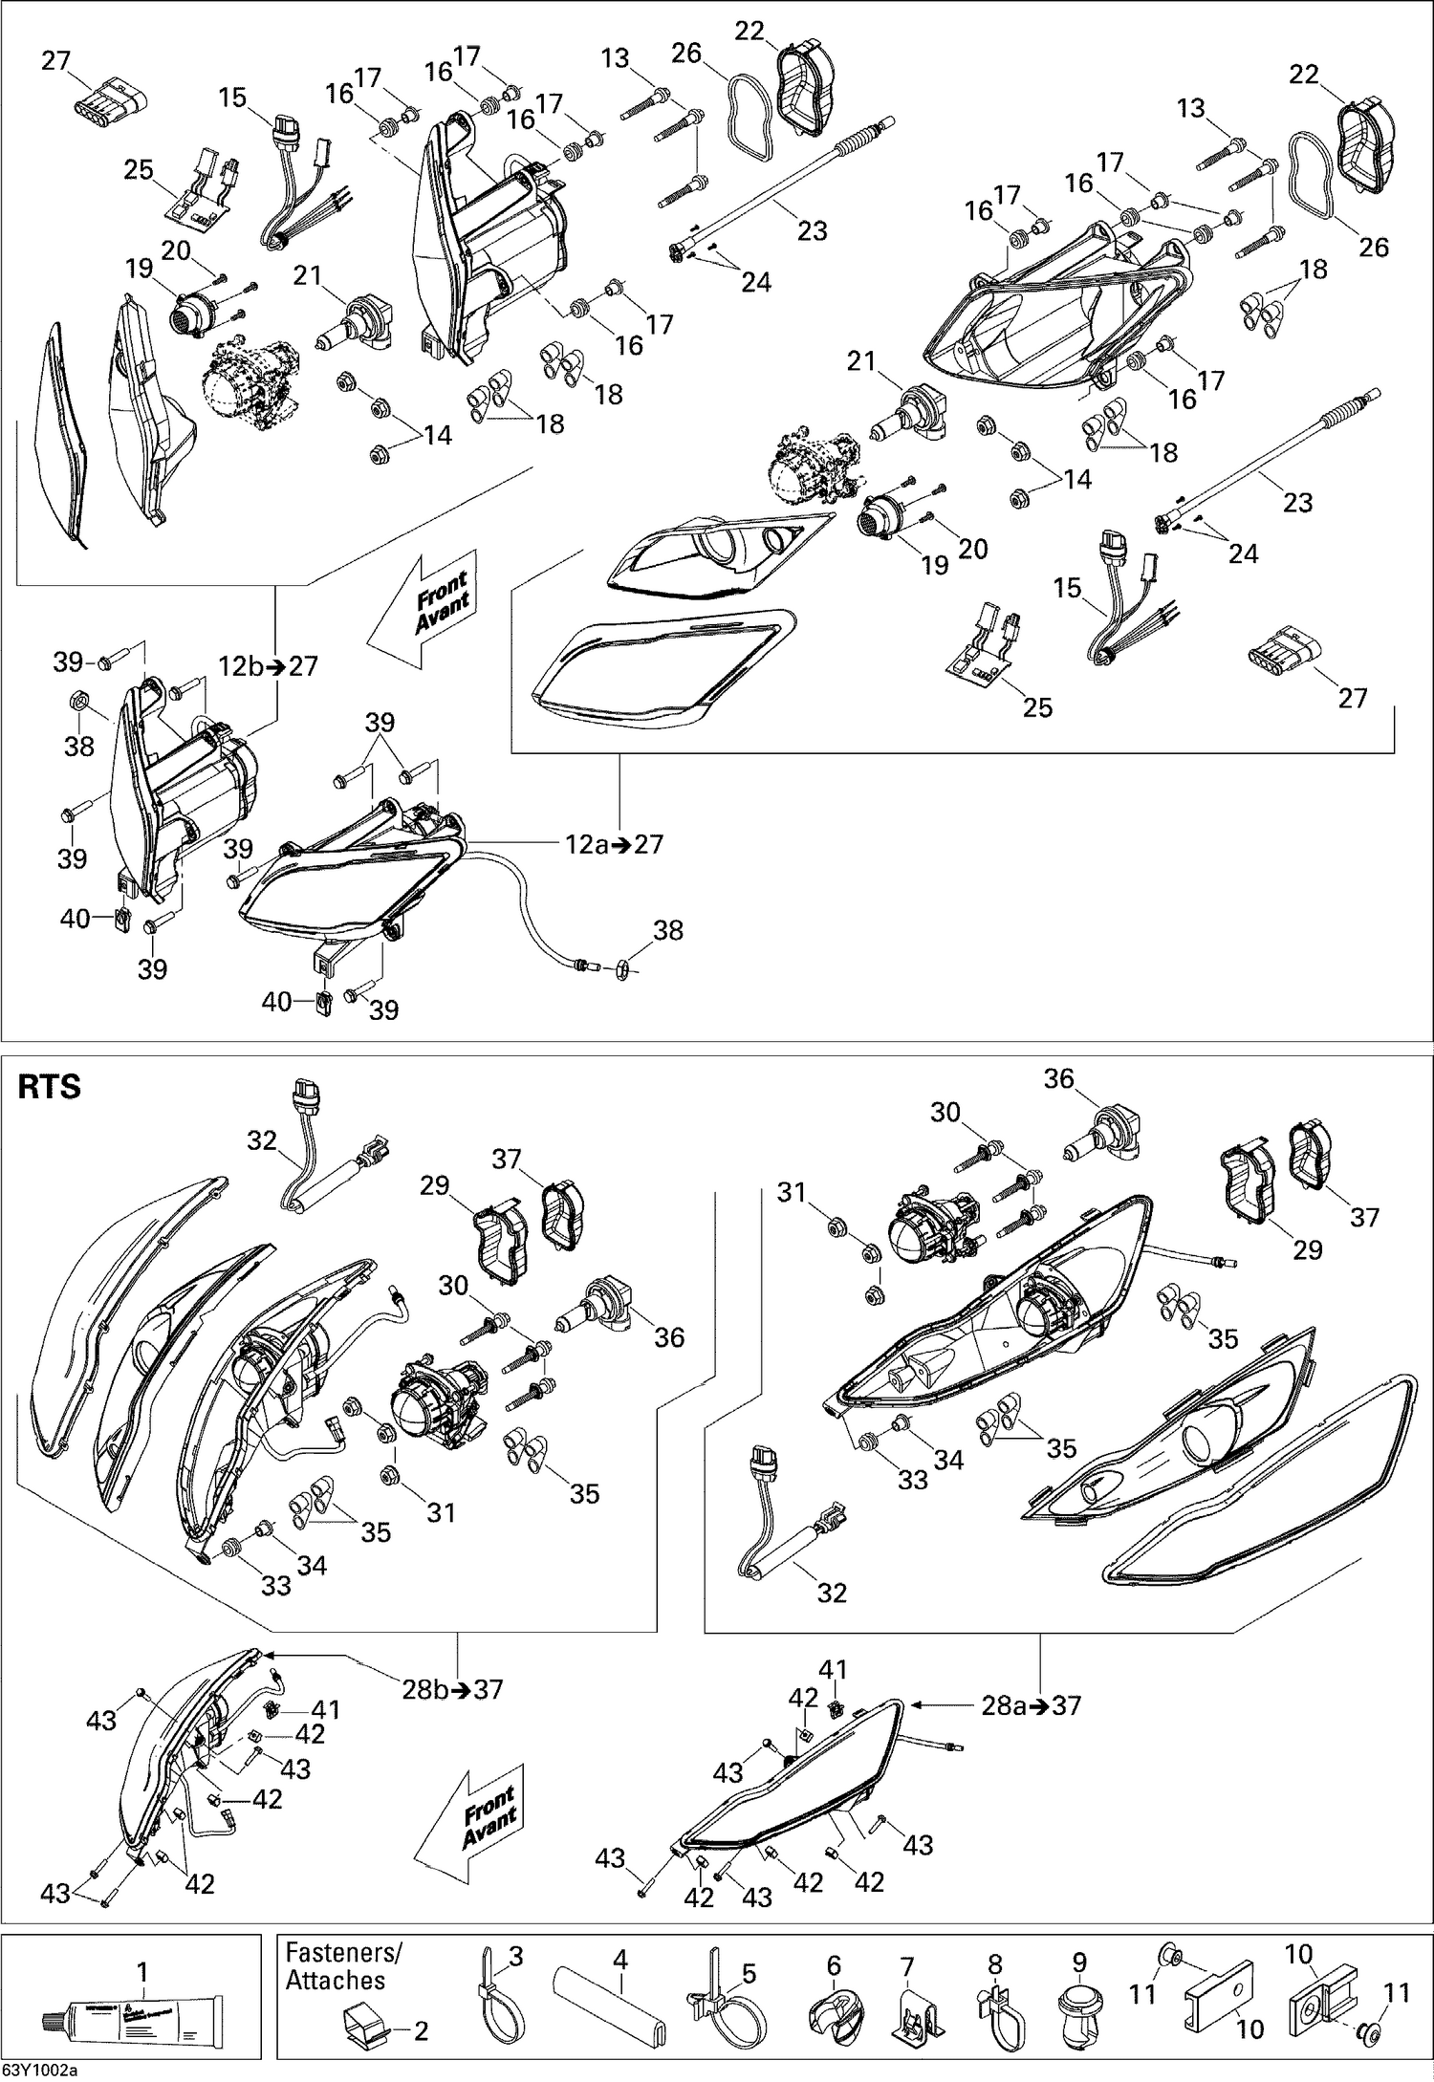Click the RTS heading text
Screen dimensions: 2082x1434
[x=50, y=1088]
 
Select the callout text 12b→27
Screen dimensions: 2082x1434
[x=268, y=666]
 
